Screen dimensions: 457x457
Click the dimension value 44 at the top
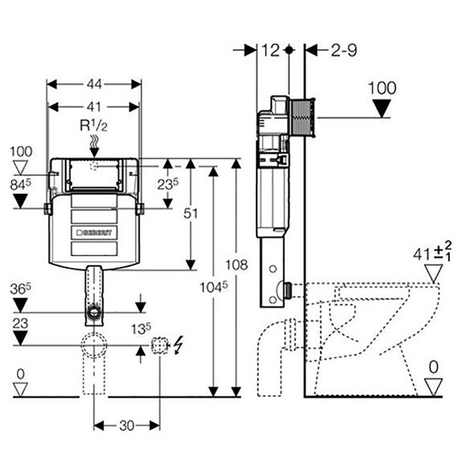pos(94,84)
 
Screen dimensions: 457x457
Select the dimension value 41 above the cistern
pos(94,106)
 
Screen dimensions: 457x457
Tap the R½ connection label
pos(94,125)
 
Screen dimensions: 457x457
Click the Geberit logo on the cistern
pos(95,232)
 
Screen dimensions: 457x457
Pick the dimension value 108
pos(236,264)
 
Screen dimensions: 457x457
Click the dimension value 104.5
pos(213,286)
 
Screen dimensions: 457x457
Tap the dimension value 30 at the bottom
pos(127,426)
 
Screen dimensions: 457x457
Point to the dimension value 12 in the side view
pos(271,50)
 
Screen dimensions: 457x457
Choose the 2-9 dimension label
pos(343,50)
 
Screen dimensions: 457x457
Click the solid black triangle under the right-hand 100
pos(381,107)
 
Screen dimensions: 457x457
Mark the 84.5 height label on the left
pos(21,185)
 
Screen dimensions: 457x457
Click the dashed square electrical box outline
pos(159,345)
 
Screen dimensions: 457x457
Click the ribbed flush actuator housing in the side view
pos(303,118)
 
